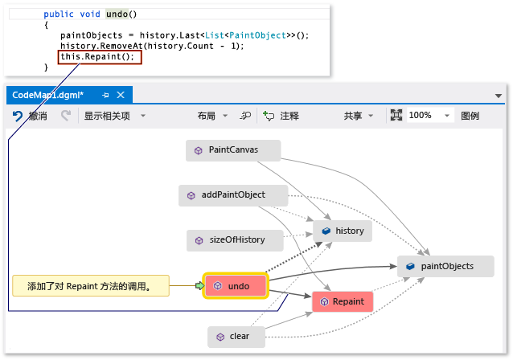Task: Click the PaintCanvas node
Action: pos(233,149)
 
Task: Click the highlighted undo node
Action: pos(235,285)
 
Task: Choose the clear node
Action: pos(236,337)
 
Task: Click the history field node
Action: pos(343,231)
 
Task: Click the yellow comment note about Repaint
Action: pos(90,285)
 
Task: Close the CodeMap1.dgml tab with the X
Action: pos(120,95)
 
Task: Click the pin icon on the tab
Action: pos(105,95)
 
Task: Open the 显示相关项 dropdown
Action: pos(114,116)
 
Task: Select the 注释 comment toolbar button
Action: pos(281,116)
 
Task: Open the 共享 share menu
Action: pos(359,116)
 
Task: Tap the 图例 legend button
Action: pos(470,116)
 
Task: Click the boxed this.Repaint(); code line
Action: pos(100,57)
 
